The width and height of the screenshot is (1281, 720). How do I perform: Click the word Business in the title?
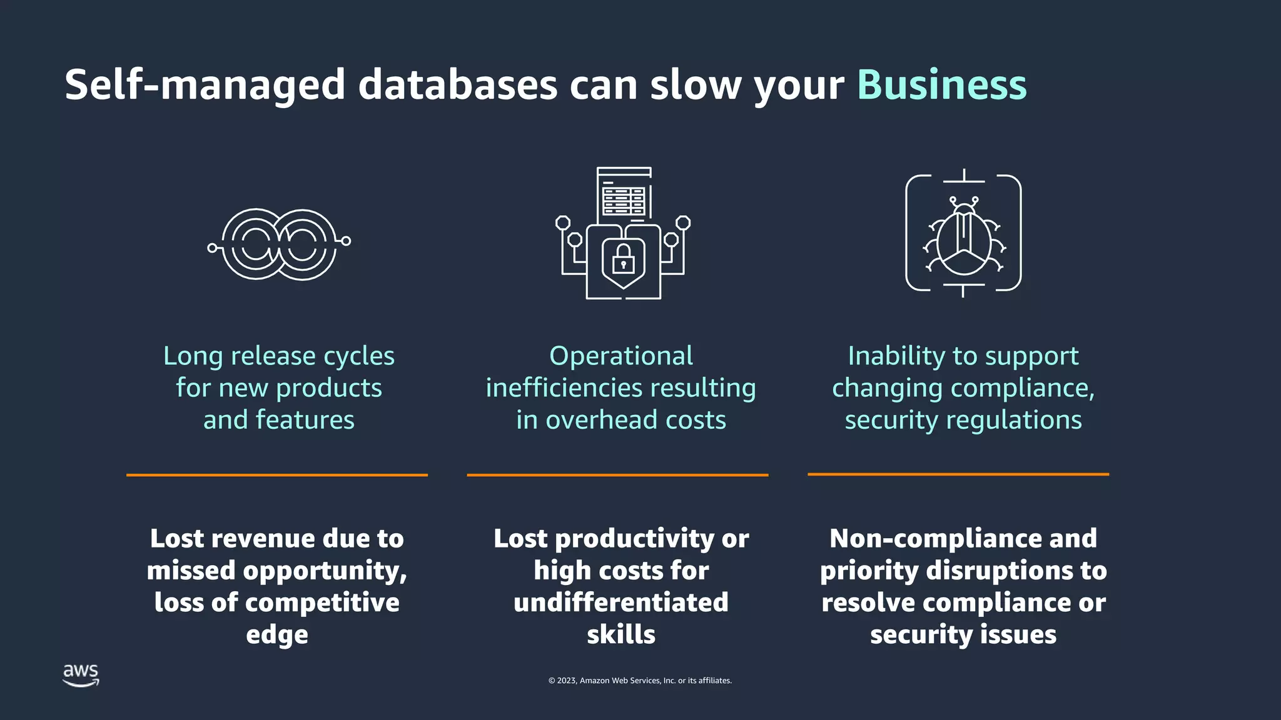941,85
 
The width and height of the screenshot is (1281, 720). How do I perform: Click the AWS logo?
81,675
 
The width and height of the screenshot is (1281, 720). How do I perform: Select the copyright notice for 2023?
640,681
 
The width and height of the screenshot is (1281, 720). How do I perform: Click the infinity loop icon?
279,244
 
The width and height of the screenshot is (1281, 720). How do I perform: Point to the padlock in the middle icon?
623,259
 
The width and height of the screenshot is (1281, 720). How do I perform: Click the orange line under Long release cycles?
277,475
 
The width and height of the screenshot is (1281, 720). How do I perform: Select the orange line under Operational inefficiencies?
617,475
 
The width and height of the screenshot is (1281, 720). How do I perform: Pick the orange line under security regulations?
958,474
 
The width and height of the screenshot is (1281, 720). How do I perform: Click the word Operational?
621,356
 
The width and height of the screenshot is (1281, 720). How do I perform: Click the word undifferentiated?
621,602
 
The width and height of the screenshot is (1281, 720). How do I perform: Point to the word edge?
277,635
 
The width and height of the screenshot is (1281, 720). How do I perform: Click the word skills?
621,635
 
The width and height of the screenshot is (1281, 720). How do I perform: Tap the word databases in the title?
457,85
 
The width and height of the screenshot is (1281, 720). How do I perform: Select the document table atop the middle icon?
624,195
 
